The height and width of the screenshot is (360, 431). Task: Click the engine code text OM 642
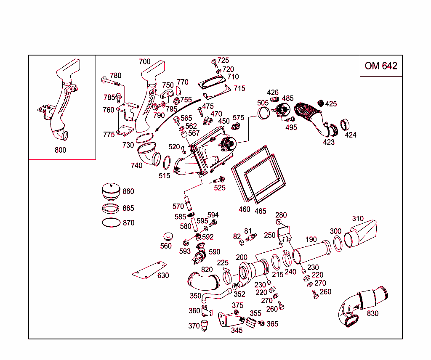click(381, 66)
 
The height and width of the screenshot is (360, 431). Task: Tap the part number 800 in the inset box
click(60, 150)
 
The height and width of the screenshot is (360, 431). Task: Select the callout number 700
click(144, 62)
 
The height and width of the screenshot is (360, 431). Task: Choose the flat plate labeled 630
click(149, 270)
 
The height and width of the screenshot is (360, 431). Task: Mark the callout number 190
click(311, 240)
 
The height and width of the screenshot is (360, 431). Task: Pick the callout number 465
click(260, 211)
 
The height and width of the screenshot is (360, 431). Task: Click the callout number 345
click(237, 331)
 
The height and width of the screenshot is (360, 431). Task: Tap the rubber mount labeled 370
click(205, 326)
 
